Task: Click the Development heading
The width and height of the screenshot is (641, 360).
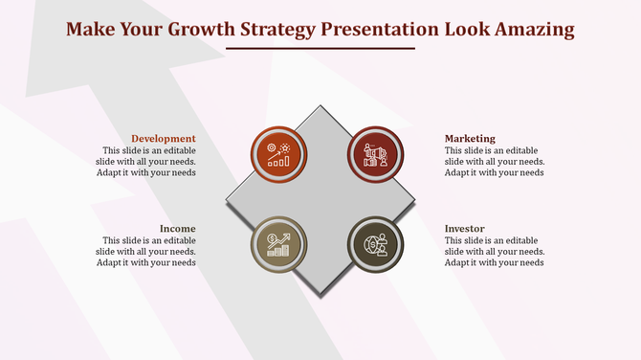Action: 164,139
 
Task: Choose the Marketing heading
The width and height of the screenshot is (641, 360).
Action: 470,139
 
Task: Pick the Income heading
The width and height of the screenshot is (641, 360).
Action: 178,229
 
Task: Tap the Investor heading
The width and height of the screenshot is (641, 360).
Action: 464,229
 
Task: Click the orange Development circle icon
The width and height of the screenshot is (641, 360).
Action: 278,154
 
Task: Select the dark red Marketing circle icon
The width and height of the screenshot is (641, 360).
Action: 375,154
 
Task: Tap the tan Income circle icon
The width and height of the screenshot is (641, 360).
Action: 278,244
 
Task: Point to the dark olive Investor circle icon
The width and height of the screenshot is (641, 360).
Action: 375,244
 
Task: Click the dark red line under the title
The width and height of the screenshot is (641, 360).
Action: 320,49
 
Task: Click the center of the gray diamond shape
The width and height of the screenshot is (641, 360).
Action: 321,199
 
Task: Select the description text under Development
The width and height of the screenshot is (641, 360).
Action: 148,162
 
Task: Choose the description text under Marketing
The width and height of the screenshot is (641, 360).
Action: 495,162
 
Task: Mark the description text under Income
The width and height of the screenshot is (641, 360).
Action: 148,252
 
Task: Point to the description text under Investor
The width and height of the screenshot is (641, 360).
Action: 495,252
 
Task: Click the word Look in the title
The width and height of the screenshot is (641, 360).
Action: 460,29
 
